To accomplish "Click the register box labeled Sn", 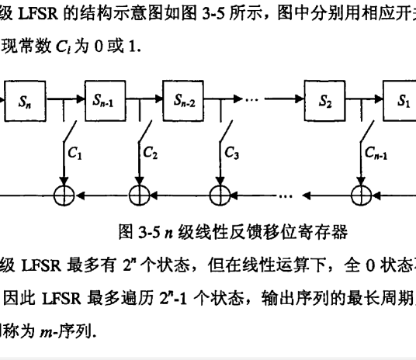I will pos(28,100).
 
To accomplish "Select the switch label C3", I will pos(231,154).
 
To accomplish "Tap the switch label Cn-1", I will pos(378,154).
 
